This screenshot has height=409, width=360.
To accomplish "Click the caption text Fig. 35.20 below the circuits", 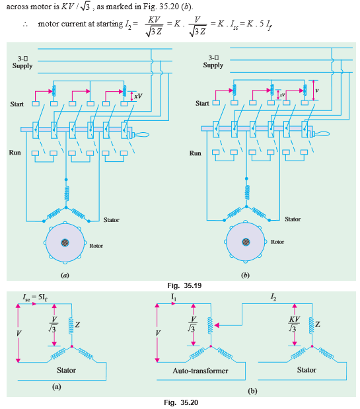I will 180,402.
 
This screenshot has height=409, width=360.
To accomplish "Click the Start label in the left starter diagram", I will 17,104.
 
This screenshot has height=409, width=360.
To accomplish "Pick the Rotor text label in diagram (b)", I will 277,242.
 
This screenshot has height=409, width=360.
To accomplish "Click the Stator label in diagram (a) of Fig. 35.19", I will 111,219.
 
